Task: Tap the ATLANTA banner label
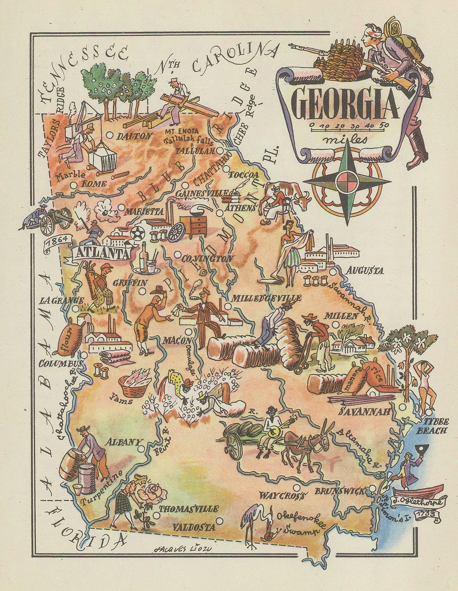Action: pyautogui.click(x=99, y=254)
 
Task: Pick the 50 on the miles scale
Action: pyautogui.click(x=384, y=125)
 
